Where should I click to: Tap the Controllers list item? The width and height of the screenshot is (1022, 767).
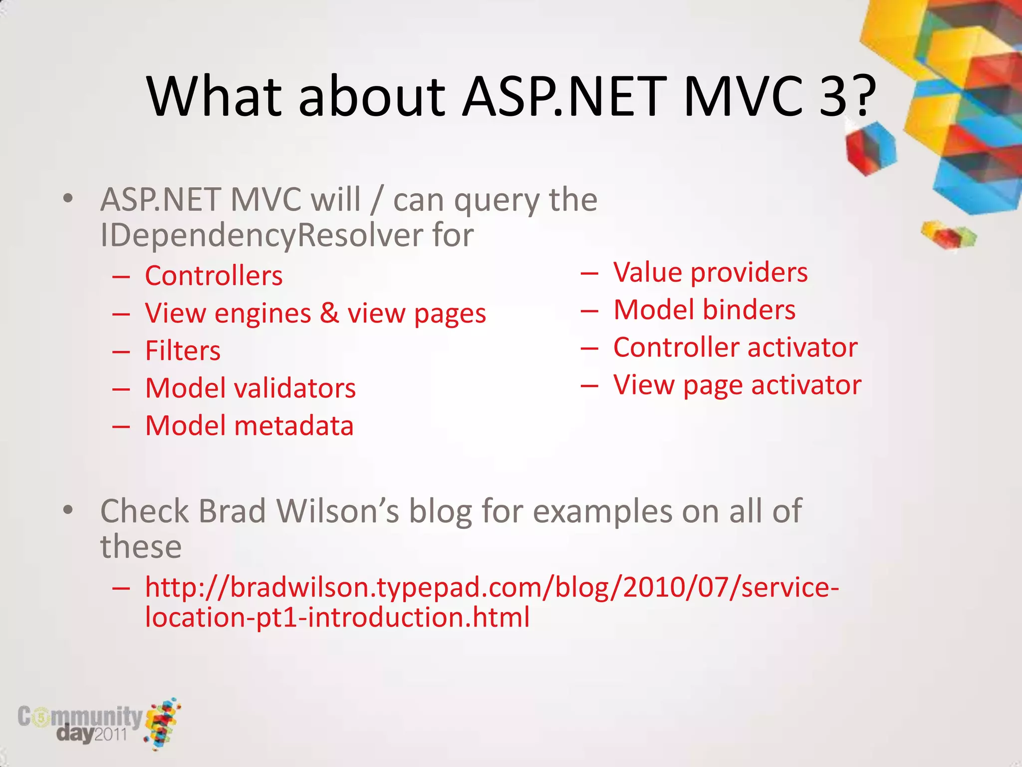(x=214, y=276)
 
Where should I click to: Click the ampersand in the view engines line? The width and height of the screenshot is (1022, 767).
(x=329, y=313)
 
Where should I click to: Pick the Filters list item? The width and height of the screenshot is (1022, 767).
(x=183, y=351)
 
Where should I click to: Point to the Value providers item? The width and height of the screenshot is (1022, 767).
(x=710, y=273)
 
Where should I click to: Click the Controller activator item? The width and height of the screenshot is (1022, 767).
(x=735, y=348)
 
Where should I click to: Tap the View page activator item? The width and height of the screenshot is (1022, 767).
(x=737, y=385)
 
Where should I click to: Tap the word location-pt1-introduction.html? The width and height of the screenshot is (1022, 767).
(x=337, y=617)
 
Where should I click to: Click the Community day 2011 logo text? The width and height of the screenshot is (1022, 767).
(x=80, y=723)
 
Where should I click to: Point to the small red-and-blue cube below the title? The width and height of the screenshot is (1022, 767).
(x=871, y=148)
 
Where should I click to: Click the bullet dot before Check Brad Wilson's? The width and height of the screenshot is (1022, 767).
(x=68, y=510)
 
